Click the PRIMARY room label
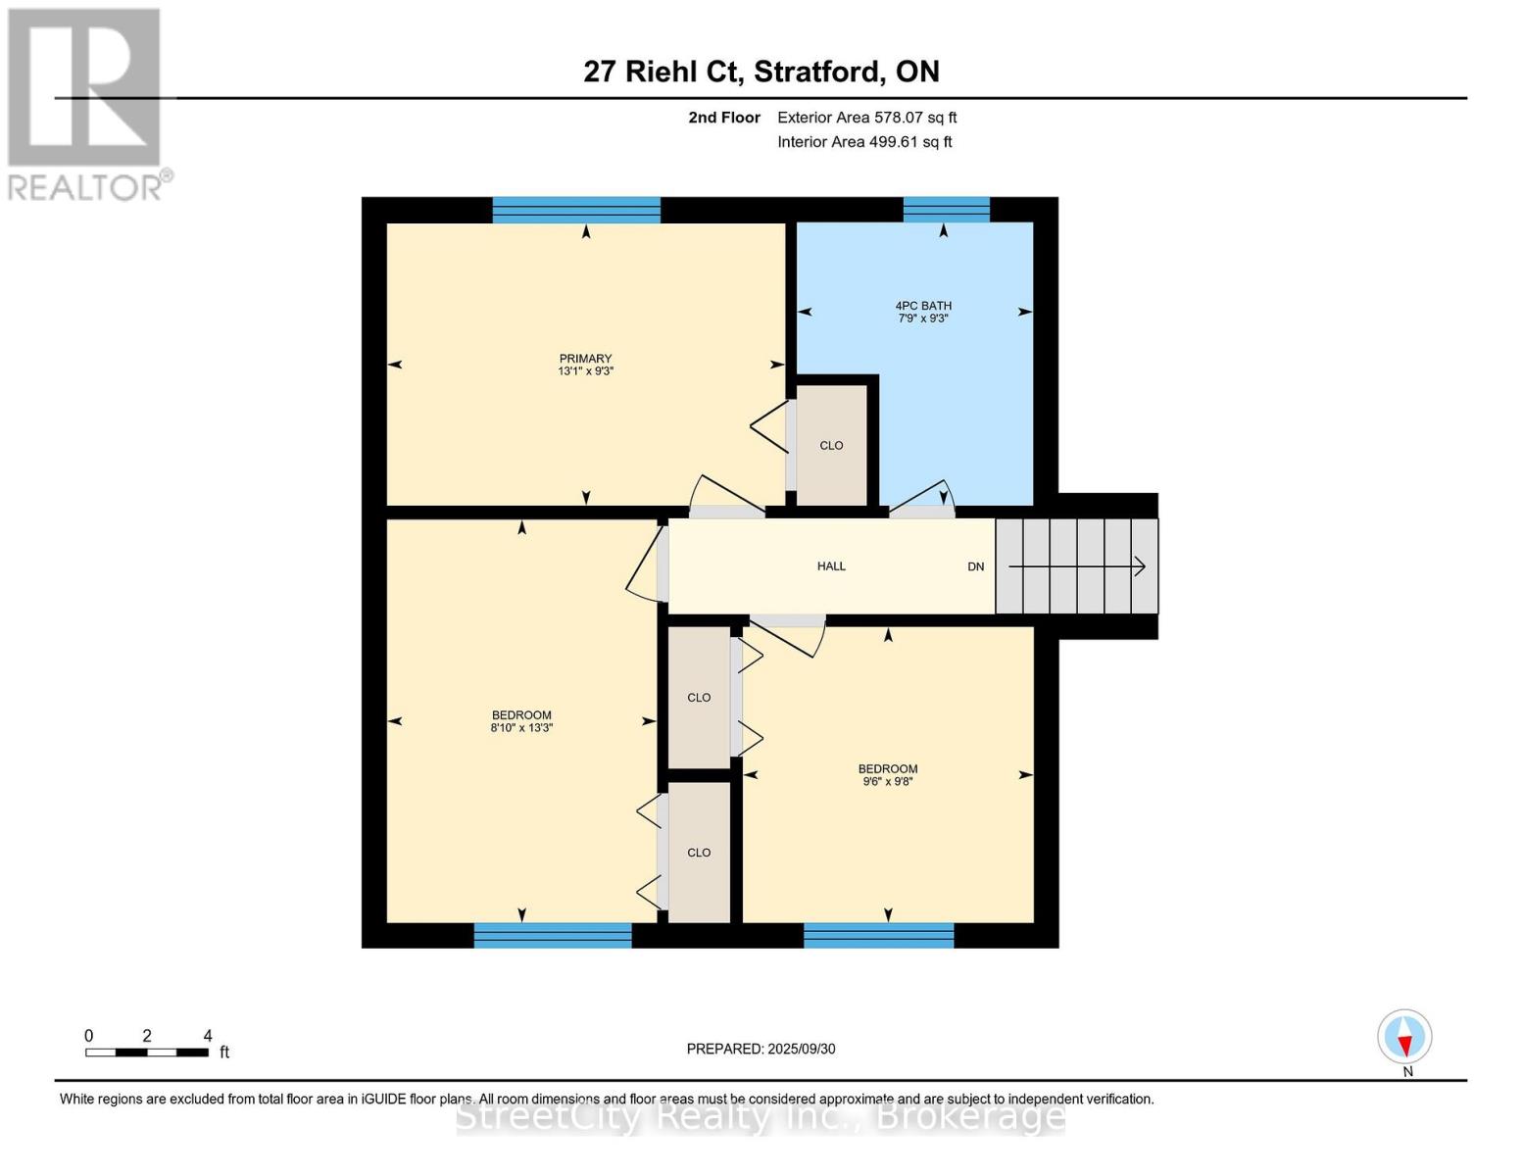pyautogui.click(x=585, y=359)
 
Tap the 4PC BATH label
pyautogui.click(x=923, y=306)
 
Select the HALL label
pyautogui.click(x=831, y=566)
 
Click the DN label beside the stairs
pyautogui.click(x=975, y=567)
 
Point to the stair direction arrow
pyautogui.click(x=1078, y=566)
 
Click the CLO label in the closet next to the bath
pyautogui.click(x=831, y=446)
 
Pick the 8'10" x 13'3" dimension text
pyautogui.click(x=521, y=728)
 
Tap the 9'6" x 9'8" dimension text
pyautogui.click(x=888, y=782)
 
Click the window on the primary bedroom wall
pyautogui.click(x=576, y=210)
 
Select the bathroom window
pyautogui.click(x=946, y=210)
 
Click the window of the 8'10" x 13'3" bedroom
pyautogui.click(x=553, y=935)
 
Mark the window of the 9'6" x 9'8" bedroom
pyautogui.click(x=878, y=935)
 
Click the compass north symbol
pyautogui.click(x=1405, y=1037)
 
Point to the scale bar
pyautogui.click(x=147, y=1053)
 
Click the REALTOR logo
pyautogui.click(x=86, y=104)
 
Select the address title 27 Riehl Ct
pyautogui.click(x=761, y=72)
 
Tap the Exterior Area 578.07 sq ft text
pyautogui.click(x=866, y=118)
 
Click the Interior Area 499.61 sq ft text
pyautogui.click(x=864, y=142)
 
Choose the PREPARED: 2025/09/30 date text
pyautogui.click(x=761, y=1049)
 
